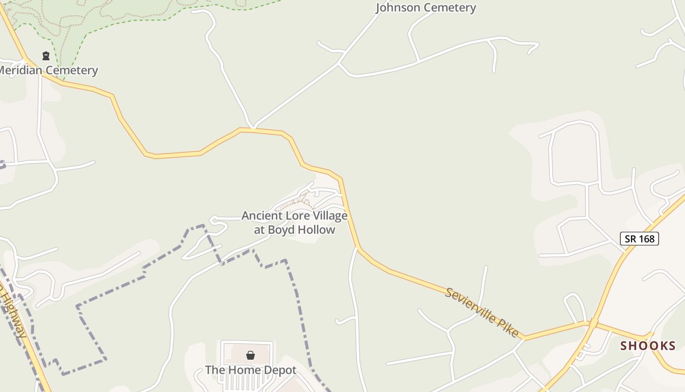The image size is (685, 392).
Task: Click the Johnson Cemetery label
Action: click(x=426, y=8)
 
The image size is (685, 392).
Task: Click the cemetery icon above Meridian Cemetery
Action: click(x=46, y=56)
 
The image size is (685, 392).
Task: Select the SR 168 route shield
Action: click(x=639, y=239)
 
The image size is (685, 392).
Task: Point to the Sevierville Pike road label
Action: click(x=482, y=312)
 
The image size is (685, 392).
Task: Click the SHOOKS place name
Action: click(x=648, y=346)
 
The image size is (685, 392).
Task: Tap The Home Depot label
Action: click(x=251, y=370)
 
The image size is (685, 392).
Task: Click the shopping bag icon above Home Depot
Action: click(x=251, y=355)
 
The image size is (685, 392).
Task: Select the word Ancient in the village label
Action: click(x=262, y=216)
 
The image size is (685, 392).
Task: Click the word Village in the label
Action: click(x=330, y=216)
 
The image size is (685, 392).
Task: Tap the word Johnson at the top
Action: click(x=398, y=8)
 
